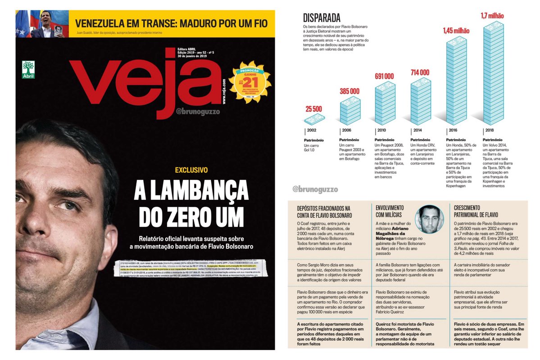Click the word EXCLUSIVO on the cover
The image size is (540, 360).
pyautogui.click(x=191, y=170)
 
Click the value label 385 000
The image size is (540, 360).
pyautogui.click(x=349, y=91)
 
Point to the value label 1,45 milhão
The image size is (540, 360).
pyautogui.click(x=456, y=31)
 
